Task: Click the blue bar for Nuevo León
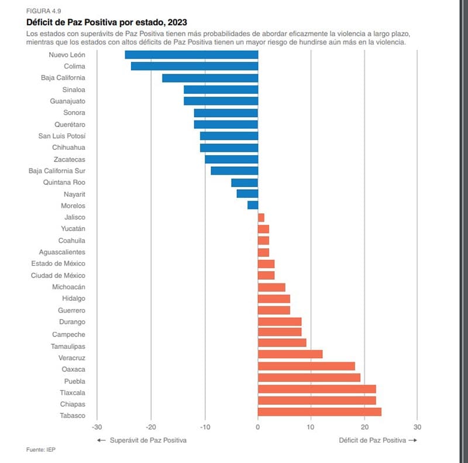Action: coord(191,54)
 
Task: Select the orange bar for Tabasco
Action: coord(319,412)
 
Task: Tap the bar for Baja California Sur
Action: coord(234,171)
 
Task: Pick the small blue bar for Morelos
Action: coord(253,205)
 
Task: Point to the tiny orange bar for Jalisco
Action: coord(261,217)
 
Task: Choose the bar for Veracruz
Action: coord(290,354)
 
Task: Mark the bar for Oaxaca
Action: coord(306,366)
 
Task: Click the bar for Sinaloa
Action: coord(221,90)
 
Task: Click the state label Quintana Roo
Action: coord(64,183)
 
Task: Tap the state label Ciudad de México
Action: coord(58,275)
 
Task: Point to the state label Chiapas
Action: coord(73,404)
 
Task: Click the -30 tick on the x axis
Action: coord(97,426)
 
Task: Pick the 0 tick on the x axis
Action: coord(257,426)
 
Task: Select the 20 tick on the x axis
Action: coord(364,426)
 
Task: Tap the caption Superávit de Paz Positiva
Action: coord(148,440)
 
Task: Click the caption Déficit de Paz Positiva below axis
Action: coord(373,440)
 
